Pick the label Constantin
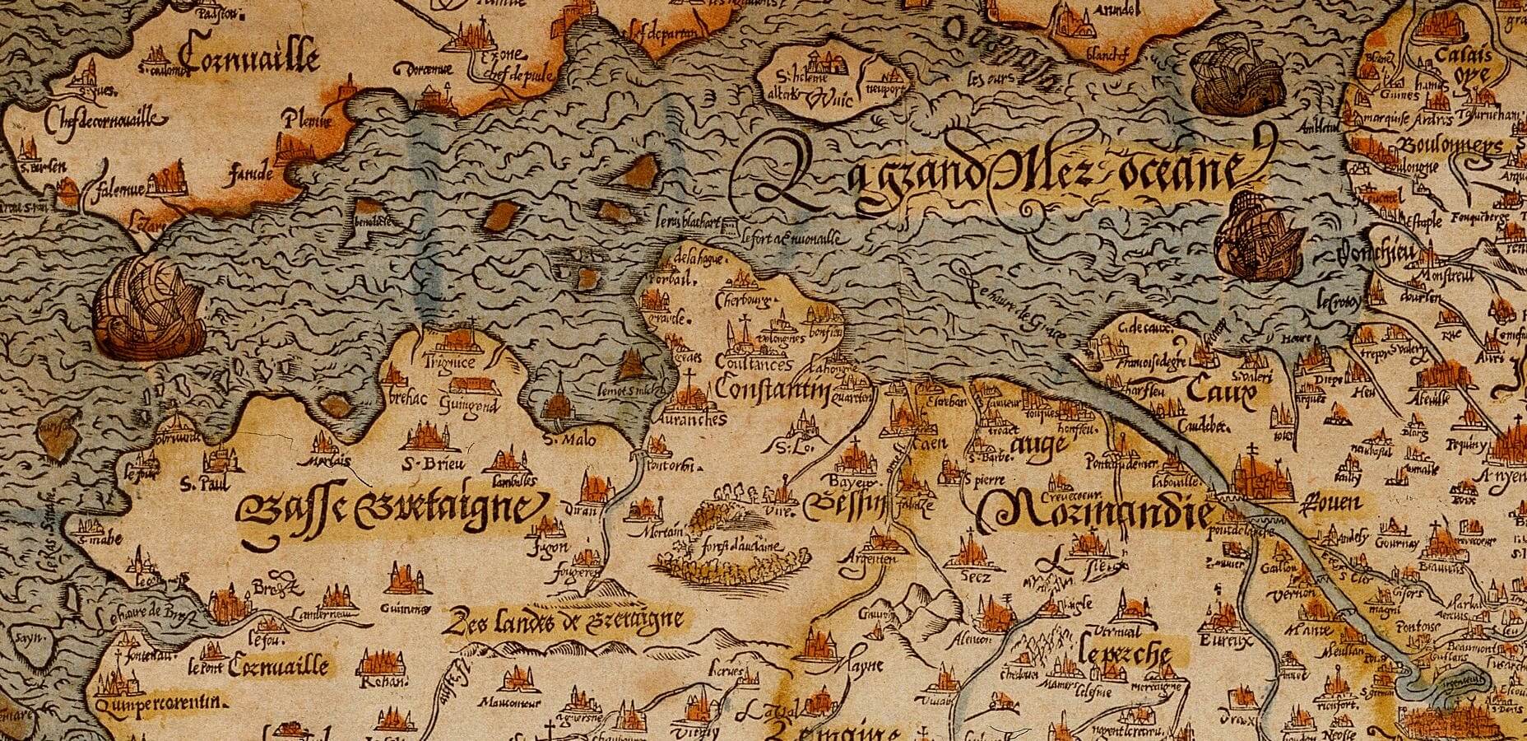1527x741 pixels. click(770, 388)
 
